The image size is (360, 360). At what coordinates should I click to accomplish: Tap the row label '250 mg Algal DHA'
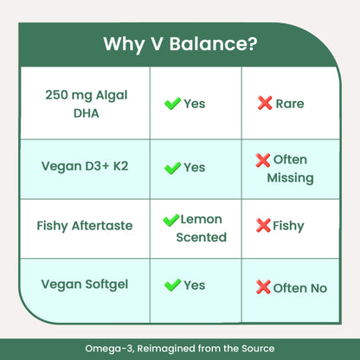(x=85, y=103)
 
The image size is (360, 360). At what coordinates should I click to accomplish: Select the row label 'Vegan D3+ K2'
(x=85, y=167)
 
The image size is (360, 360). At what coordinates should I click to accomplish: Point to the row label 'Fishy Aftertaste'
(x=85, y=226)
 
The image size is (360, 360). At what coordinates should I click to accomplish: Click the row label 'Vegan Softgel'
(x=85, y=285)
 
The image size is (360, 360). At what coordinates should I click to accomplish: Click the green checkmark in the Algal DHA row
(x=172, y=104)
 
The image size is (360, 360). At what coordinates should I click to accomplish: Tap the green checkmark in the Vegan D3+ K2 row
(x=172, y=167)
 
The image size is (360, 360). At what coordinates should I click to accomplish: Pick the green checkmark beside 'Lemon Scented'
(x=170, y=221)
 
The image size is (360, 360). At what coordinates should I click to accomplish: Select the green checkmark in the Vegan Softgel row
(x=172, y=285)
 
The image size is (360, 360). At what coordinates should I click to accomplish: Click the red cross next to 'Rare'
(x=264, y=104)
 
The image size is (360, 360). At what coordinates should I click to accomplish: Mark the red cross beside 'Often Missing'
(x=263, y=160)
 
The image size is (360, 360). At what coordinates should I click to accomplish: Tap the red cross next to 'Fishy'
(x=263, y=226)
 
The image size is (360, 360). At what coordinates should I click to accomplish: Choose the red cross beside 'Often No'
(x=263, y=286)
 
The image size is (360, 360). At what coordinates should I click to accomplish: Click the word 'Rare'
(x=289, y=104)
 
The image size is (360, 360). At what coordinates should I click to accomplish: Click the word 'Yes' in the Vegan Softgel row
(x=195, y=285)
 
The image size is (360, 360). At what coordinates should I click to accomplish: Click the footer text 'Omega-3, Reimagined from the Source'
(x=180, y=349)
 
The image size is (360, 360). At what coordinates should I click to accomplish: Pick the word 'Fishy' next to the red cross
(x=288, y=226)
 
